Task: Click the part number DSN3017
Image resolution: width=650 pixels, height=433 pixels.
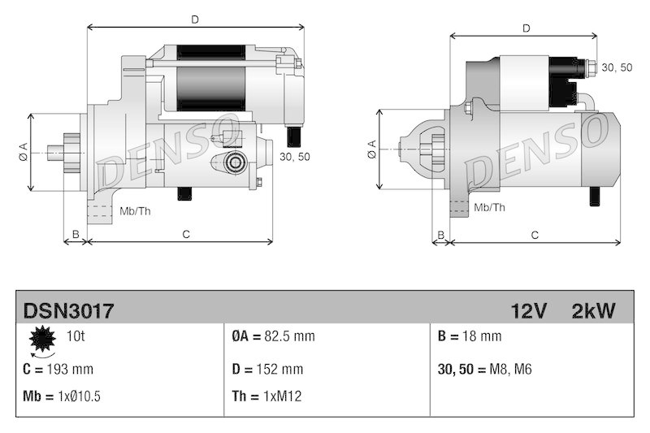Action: pos(68,310)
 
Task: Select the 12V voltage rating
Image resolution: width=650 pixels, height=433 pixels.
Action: pos(529,310)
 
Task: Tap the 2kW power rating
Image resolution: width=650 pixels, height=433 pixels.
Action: pos(593,310)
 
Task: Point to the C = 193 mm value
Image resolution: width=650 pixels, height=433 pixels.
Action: pos(58,370)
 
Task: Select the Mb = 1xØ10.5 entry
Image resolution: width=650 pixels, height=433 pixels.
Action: pos(63,396)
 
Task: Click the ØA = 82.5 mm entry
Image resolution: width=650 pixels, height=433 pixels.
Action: pos(273,336)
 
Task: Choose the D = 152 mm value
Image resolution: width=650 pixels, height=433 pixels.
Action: pos(267,370)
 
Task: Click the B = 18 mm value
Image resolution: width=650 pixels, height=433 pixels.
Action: pos(470,336)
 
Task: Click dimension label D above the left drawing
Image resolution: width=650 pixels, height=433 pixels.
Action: pos(195,18)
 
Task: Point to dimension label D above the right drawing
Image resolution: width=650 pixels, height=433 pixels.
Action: pos(526,28)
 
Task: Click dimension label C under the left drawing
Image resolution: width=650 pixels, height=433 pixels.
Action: pos(185,234)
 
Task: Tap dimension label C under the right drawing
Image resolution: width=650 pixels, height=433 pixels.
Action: pos(535,235)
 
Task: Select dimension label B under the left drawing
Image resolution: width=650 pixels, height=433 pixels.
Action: pos(76,234)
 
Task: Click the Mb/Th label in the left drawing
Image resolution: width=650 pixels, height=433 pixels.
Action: pos(135,211)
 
